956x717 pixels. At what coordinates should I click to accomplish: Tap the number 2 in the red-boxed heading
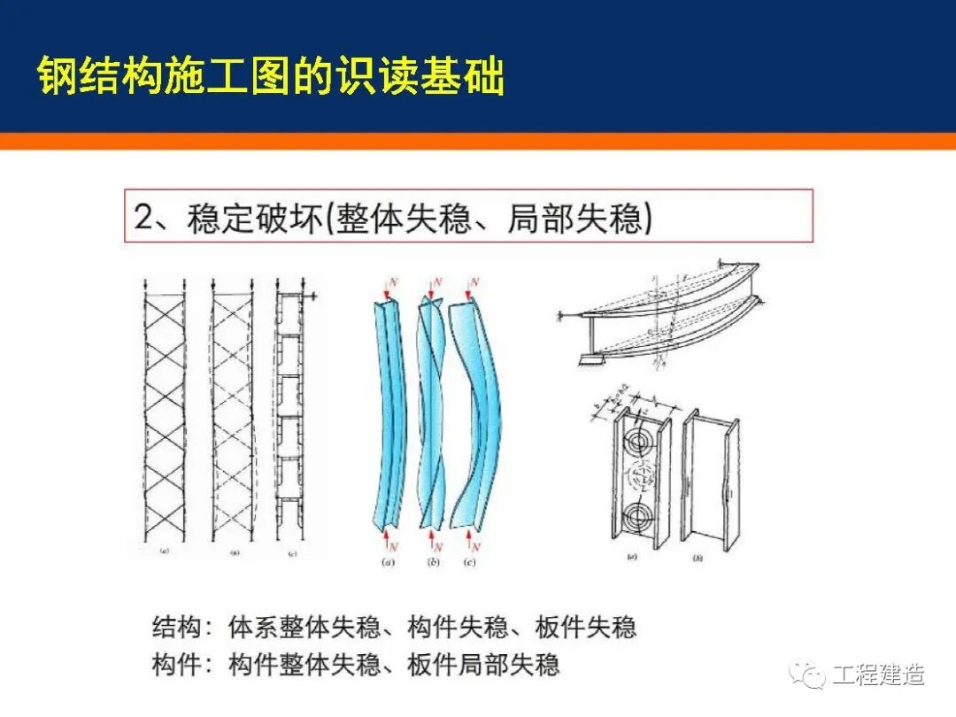tap(144, 217)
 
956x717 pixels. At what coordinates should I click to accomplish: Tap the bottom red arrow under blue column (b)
tap(431, 536)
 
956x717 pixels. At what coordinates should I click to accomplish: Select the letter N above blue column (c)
tap(475, 282)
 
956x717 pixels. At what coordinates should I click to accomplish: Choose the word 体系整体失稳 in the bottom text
tap(305, 628)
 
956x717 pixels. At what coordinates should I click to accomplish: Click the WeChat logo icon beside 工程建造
tap(807, 675)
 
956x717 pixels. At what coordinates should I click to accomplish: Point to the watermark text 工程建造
tap(879, 675)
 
